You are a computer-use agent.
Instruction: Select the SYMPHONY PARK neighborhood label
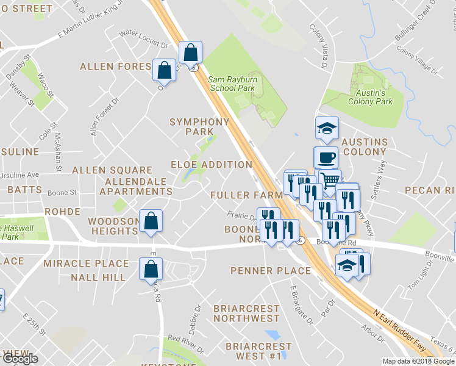tap(199, 126)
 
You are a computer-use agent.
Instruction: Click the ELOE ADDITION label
tap(211, 165)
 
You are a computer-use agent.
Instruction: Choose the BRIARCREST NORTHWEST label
tap(246, 314)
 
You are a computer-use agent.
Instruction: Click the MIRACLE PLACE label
tap(86, 264)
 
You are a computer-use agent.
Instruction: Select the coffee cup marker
tap(326, 157)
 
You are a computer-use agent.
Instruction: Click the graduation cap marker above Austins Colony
tap(326, 128)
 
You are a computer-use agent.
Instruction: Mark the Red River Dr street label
tap(185, 339)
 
